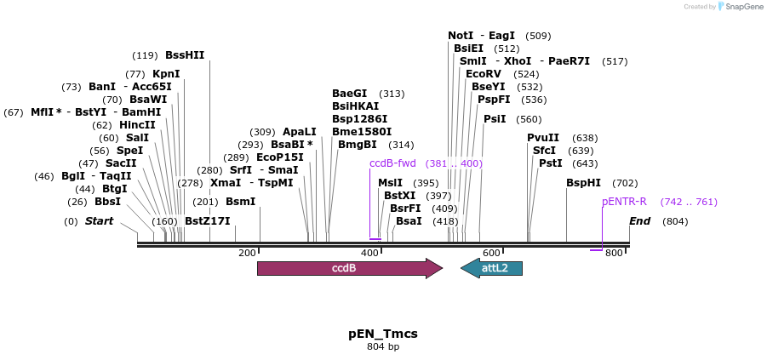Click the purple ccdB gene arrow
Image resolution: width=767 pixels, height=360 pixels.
coord(349,268)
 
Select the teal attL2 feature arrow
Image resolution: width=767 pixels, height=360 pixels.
coord(491,268)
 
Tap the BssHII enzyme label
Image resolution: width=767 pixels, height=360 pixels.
coord(185,55)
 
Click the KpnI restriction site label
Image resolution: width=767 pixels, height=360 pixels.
coord(166,74)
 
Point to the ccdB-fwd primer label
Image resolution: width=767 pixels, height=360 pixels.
coord(392,163)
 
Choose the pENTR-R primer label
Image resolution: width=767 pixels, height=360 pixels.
coord(625,202)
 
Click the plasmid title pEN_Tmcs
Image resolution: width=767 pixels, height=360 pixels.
coord(383,333)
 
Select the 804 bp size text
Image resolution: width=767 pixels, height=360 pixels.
coord(383,346)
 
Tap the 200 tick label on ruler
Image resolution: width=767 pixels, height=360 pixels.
coord(247,253)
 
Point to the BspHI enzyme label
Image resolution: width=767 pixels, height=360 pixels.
coord(584,182)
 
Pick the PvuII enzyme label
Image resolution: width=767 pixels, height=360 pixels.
coord(543,138)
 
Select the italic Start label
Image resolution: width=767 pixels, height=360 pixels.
coord(99,221)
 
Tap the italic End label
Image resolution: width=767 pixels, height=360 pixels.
coord(640,221)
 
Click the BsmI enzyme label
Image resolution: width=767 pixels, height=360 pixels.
coord(240,202)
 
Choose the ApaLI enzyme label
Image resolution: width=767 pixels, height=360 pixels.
coord(300,132)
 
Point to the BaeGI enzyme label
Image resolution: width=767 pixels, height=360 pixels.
coord(350,94)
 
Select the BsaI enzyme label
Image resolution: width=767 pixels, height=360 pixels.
coord(409,221)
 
